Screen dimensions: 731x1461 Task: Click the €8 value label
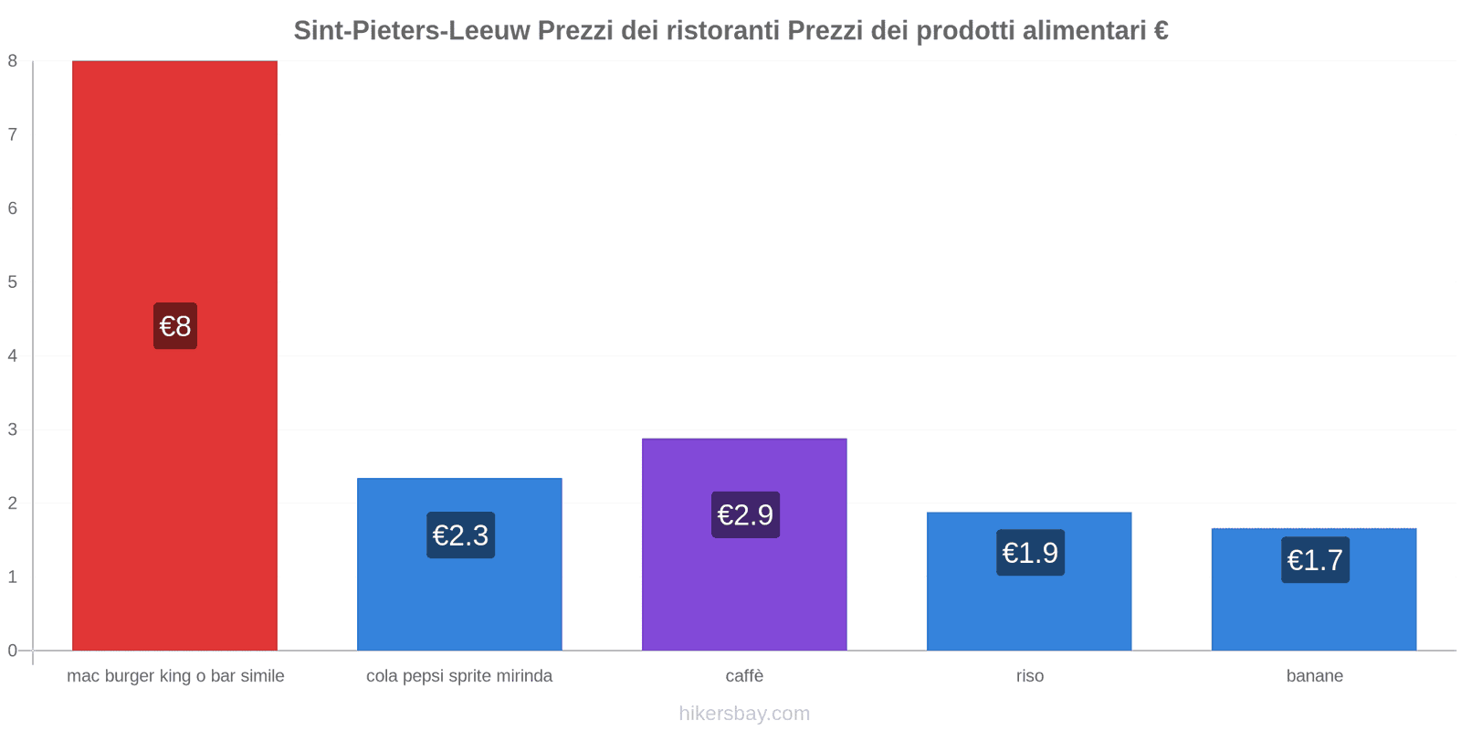point(175,326)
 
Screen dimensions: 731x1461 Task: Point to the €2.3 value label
point(460,535)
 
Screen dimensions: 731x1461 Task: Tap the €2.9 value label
point(745,515)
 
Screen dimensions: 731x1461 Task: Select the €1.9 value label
point(1030,553)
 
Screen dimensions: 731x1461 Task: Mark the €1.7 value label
point(1315,560)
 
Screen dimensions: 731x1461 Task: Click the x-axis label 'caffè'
point(744,676)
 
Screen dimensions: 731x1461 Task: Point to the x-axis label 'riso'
point(1029,676)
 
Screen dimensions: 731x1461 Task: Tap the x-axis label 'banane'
point(1314,676)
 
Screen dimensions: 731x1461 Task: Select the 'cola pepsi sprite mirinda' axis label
point(459,676)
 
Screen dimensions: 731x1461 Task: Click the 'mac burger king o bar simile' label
point(175,676)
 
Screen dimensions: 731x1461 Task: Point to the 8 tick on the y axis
point(13,61)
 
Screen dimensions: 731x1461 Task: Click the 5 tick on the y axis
point(13,282)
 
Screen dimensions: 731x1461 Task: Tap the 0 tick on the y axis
point(13,651)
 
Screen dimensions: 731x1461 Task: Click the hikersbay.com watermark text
point(744,714)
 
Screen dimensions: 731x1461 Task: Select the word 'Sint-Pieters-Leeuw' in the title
point(412,31)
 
